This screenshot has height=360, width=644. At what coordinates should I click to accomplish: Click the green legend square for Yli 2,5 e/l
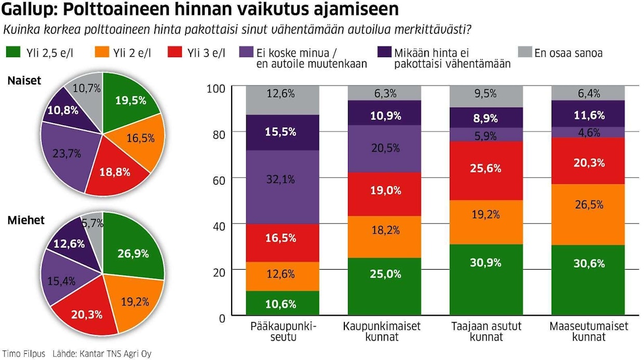[x=14, y=52]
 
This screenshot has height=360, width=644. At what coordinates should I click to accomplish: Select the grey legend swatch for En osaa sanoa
[x=526, y=52]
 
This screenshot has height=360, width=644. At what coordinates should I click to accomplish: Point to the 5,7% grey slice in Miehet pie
[x=93, y=224]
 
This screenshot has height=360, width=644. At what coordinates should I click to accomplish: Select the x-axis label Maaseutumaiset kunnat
[x=589, y=331]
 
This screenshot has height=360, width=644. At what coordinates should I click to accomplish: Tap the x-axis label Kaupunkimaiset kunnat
[x=382, y=331]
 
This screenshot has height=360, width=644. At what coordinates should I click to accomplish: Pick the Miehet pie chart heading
[x=26, y=220]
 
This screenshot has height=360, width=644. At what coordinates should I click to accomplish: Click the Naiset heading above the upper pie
[x=25, y=81]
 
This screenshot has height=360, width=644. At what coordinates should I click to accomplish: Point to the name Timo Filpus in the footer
[x=24, y=353]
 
